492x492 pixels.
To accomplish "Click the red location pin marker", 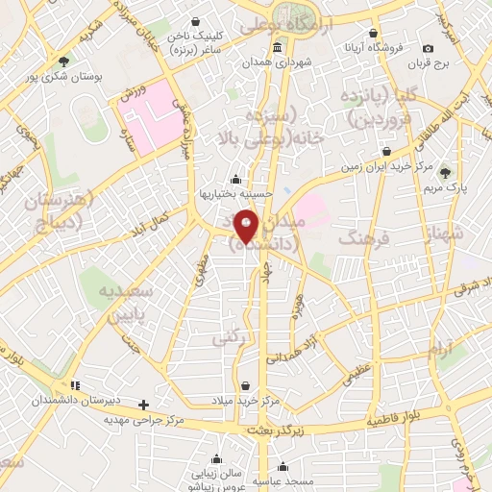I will point(248,226).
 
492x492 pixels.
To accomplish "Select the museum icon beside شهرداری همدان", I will point(277,47).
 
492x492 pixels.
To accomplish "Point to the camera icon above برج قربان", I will point(428,48).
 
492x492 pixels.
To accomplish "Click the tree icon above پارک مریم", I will point(447,172).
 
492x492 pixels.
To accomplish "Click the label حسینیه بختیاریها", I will point(236,193).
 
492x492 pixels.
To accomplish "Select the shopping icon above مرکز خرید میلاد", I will point(246,385).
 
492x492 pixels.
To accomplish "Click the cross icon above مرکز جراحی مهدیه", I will point(144,405).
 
